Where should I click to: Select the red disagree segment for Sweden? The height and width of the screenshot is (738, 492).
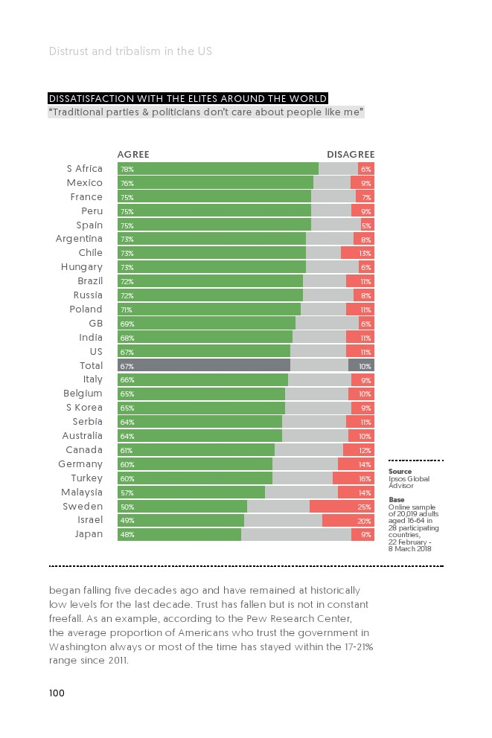tap(342, 507)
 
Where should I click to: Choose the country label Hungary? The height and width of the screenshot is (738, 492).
tap(82, 267)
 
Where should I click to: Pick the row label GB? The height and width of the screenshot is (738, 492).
tap(96, 324)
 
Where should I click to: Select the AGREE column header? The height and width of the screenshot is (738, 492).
tap(133, 155)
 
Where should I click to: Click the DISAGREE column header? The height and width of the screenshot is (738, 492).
tap(351, 155)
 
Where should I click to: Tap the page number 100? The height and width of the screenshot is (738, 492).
tap(57, 693)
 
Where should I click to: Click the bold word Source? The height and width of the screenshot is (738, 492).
tap(400, 472)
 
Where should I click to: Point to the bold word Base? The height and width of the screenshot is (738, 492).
tap(397, 500)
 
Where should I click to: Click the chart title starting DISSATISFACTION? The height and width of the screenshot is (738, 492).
tap(188, 99)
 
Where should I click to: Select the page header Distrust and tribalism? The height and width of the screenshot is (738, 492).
tap(130, 51)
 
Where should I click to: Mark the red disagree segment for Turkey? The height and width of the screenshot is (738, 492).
tap(353, 478)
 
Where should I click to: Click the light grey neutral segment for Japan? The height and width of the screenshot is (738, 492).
tap(296, 535)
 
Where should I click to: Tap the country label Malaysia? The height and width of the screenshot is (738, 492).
tap(82, 492)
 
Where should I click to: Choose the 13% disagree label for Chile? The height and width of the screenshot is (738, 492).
tap(365, 254)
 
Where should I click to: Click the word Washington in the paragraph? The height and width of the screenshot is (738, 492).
tap(77, 646)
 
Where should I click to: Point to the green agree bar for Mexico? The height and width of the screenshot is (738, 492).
tap(216, 183)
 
